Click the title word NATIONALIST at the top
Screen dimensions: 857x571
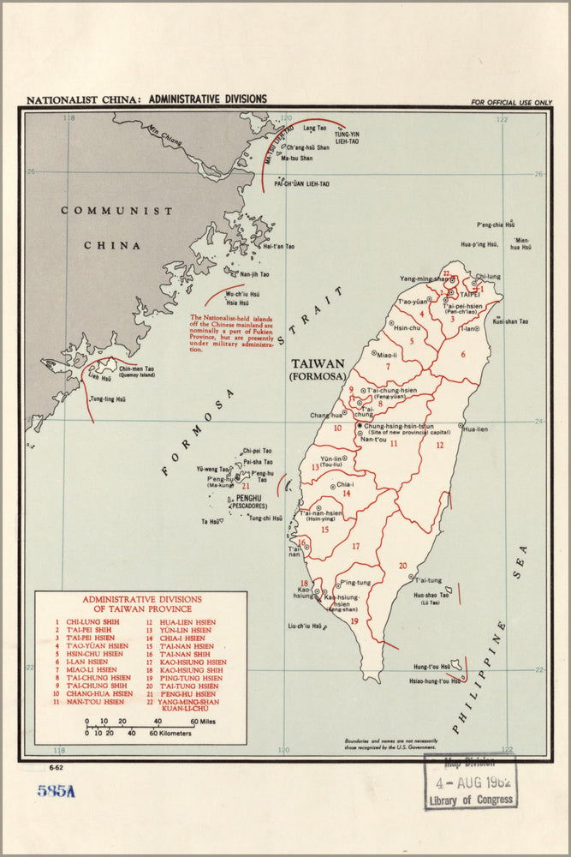(x=57, y=99)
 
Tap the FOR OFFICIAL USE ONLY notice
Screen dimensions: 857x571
(x=511, y=103)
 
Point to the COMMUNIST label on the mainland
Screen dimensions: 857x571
(x=116, y=211)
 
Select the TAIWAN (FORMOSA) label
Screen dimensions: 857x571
(x=317, y=369)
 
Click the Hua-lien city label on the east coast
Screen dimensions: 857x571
(x=475, y=429)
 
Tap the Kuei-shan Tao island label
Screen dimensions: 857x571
(x=510, y=321)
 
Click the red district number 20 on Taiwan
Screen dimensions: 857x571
(x=401, y=566)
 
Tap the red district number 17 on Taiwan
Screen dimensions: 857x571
(x=355, y=546)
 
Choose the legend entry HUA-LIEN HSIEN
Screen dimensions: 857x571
(x=187, y=622)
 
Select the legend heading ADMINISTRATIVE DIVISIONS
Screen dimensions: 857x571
(x=141, y=599)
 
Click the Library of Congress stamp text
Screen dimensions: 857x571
(x=471, y=800)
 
